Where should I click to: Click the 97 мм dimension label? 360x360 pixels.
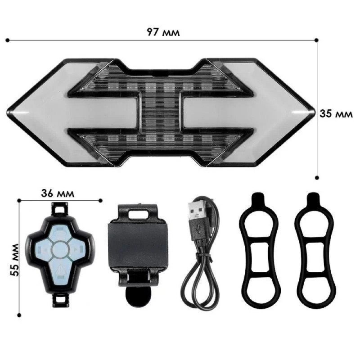[163, 32]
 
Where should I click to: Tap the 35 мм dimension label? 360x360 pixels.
[336, 114]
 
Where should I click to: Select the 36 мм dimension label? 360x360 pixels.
[58, 193]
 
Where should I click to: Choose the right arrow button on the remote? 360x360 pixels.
[76, 248]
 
